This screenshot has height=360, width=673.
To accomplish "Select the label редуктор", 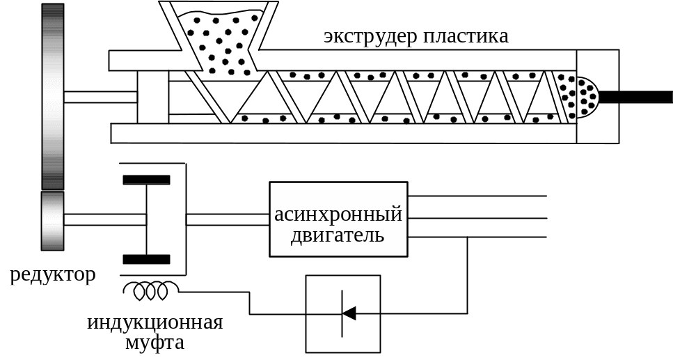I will [53, 276].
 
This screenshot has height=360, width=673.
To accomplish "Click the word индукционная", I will [155, 323].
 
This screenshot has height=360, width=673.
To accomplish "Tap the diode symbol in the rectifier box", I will [347, 313].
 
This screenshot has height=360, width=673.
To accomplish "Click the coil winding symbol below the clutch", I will [151, 290].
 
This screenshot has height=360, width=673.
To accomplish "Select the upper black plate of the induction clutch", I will [146, 180].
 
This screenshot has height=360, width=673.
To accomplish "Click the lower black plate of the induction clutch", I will [146, 259].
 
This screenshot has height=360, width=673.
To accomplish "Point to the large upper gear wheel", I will [52, 96].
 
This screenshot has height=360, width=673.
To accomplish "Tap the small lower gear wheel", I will [52, 221].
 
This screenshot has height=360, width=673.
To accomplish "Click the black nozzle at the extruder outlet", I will [633, 97].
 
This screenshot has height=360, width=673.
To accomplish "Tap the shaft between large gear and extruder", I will [100, 97].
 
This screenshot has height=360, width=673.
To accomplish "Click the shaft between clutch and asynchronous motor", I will [228, 219].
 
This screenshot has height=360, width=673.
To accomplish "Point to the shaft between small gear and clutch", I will [104, 219].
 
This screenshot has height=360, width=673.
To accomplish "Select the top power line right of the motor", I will [477, 196].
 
